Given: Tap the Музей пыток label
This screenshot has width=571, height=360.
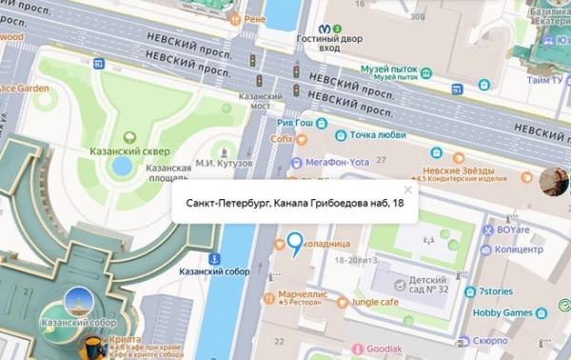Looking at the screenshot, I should [x=393, y=70].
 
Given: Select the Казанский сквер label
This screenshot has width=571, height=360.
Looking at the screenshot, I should [x=142, y=150].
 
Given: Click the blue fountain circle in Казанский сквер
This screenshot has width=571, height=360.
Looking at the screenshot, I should [x=122, y=166].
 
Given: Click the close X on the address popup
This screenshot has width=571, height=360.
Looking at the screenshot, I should [x=407, y=190].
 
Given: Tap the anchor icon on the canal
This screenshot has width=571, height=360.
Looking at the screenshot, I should [x=215, y=258].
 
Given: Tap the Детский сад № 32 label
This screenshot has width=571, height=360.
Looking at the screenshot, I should [x=421, y=283].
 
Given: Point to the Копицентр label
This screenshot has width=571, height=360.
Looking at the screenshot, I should [x=518, y=249].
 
